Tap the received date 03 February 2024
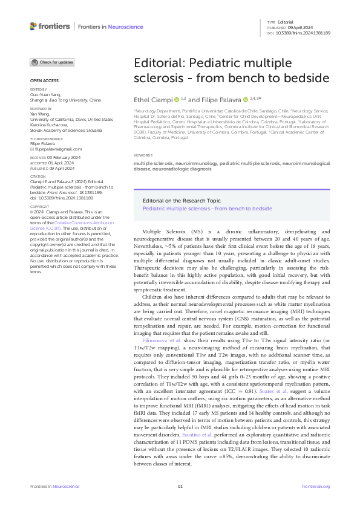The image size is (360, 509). point(65,157)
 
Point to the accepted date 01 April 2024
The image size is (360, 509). point(61,162)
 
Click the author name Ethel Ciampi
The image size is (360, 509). point(152,99)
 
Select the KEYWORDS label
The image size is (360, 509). point(143,155)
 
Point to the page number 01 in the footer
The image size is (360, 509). point(180,485)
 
